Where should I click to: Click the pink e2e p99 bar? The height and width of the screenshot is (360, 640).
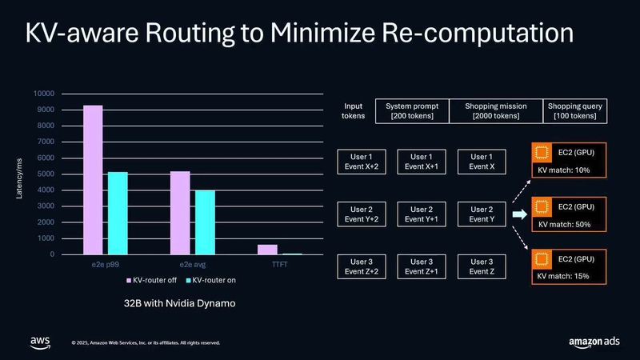point(94,180)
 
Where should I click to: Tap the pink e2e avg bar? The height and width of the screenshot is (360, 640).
point(180,213)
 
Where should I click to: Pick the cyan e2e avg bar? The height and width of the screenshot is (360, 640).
point(206,222)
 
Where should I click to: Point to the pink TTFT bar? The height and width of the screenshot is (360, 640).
point(268,250)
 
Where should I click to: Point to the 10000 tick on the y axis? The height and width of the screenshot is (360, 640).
point(44,93)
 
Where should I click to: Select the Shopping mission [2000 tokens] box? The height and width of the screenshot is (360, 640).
point(495,111)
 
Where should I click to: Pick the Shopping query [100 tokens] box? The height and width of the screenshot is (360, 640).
point(575,111)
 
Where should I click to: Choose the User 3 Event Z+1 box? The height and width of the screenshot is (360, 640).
point(422,267)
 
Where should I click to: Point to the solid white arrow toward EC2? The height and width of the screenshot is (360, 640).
point(518,214)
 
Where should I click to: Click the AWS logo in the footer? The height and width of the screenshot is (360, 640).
point(40,342)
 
